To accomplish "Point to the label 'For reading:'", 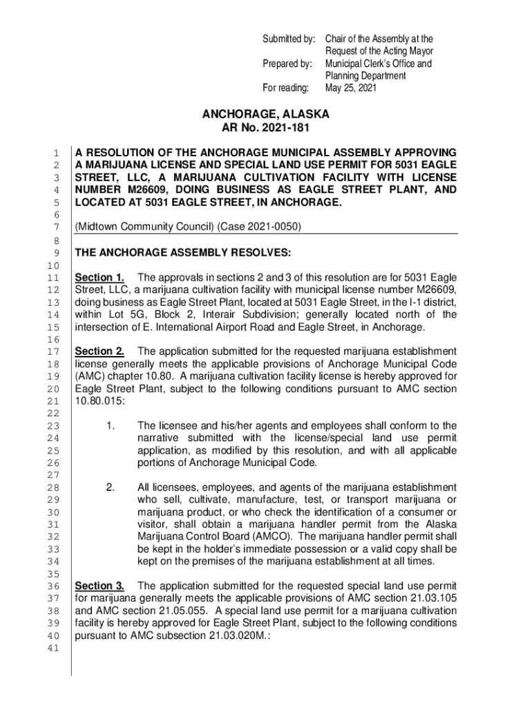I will (x=292, y=88).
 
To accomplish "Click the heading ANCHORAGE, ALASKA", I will (x=266, y=114).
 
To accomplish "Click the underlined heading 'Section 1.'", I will (x=99, y=278).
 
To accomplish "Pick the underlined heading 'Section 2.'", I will (x=99, y=351).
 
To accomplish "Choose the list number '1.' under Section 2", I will (x=111, y=426).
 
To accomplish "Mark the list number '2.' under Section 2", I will (x=111, y=488).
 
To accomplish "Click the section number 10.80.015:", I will (x=99, y=402).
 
